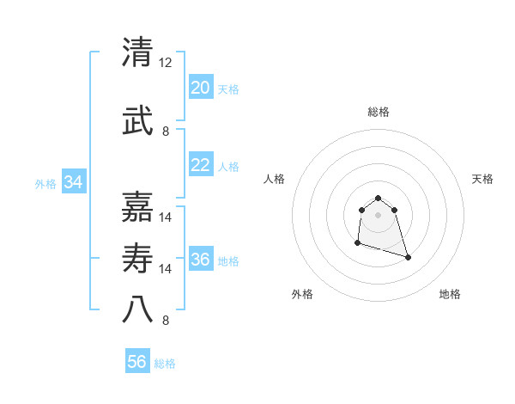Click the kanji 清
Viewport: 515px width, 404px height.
(x=139, y=52)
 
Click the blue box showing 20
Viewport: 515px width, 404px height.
(x=201, y=88)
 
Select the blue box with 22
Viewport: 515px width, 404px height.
(x=201, y=165)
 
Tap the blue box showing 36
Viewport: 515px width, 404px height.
(x=201, y=260)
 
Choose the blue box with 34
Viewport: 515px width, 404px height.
(x=74, y=182)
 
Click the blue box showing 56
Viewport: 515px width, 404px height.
(x=137, y=362)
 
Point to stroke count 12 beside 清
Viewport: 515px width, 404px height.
(x=166, y=64)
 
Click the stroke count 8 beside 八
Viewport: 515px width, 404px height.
(x=166, y=321)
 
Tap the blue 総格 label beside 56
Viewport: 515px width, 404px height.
(x=165, y=364)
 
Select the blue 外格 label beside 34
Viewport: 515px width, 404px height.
(x=45, y=183)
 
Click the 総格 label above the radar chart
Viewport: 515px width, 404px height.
(x=378, y=112)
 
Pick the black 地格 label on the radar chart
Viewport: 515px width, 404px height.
(x=450, y=295)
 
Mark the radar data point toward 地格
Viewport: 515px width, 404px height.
(x=408, y=257)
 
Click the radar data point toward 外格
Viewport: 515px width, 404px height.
(x=357, y=243)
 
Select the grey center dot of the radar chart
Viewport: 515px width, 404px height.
(x=378, y=214)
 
